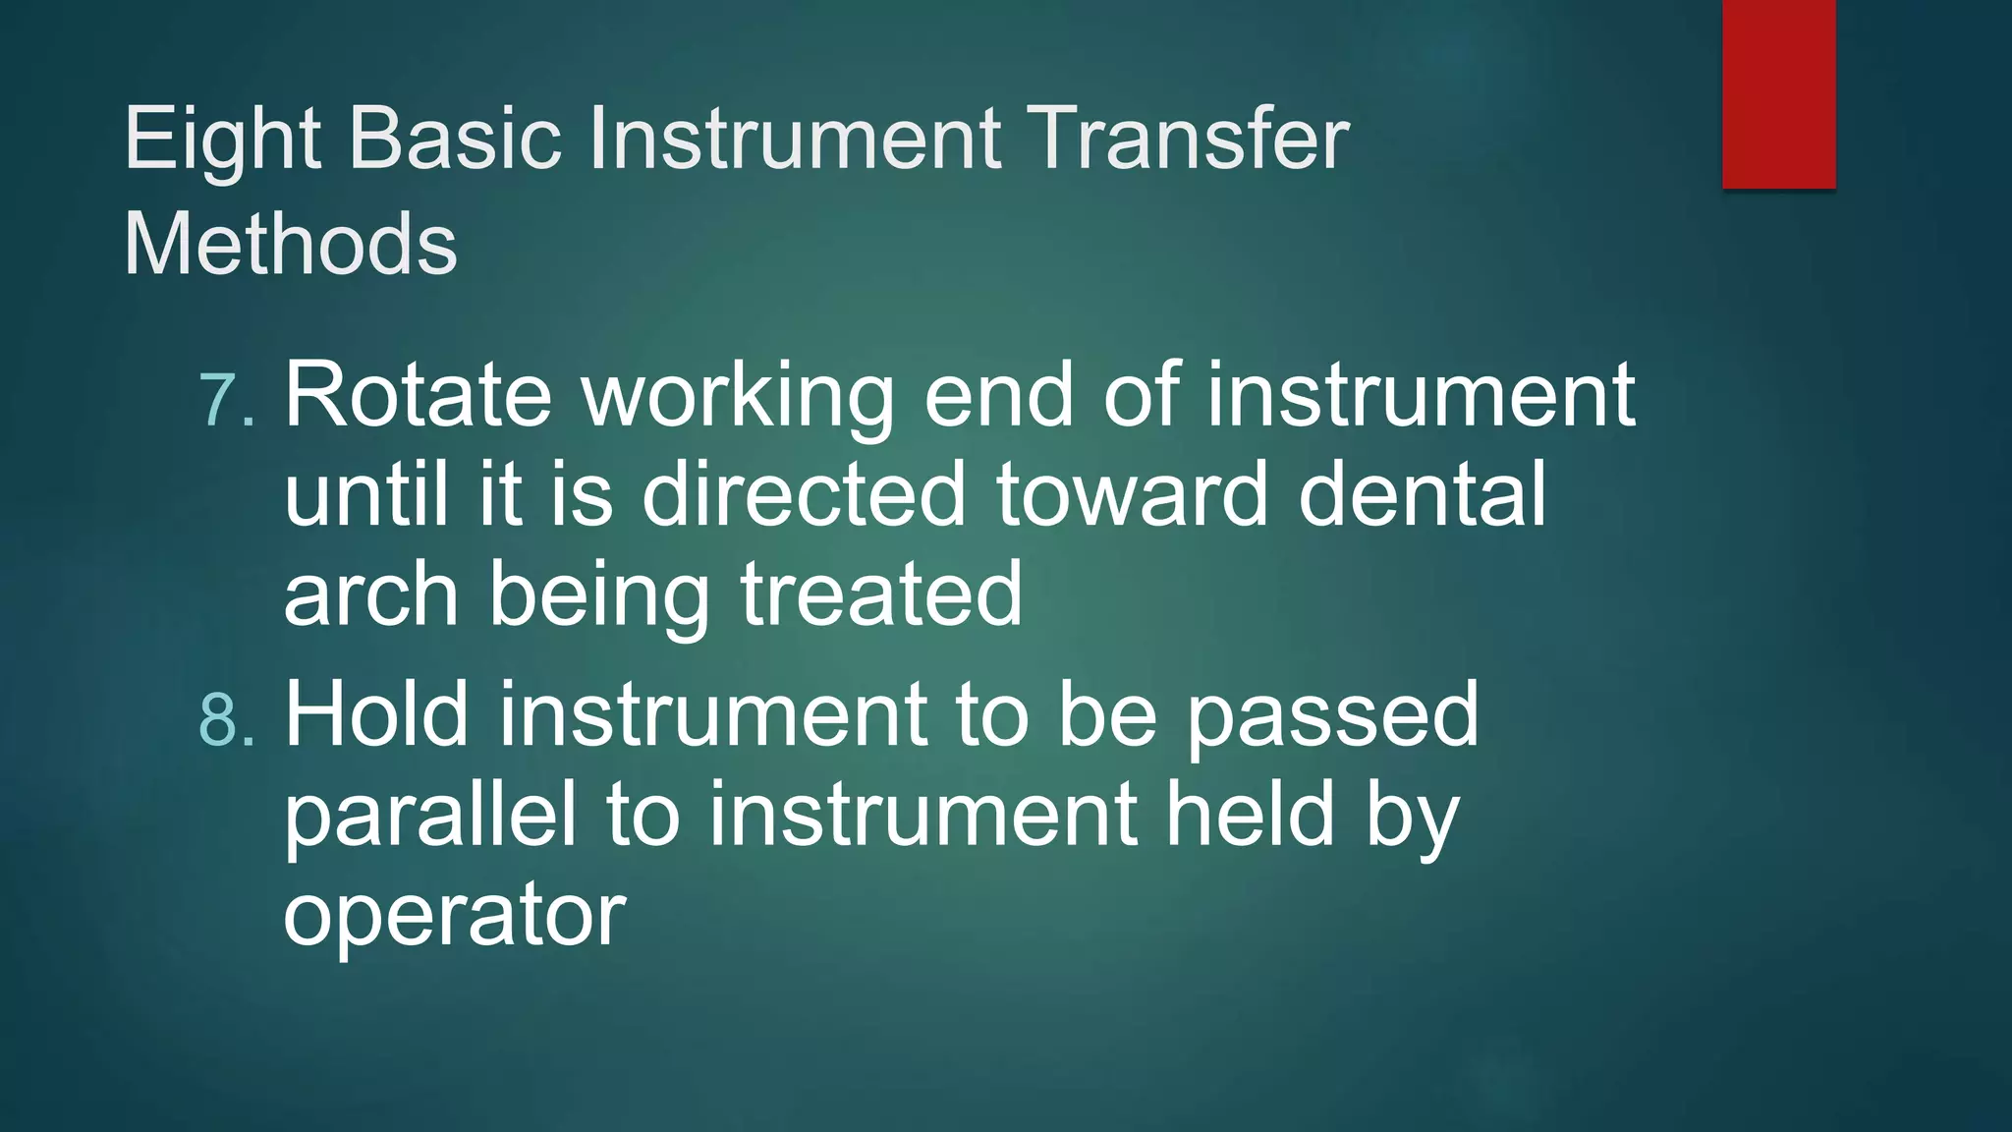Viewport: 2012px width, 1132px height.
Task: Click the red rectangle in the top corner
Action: click(x=1778, y=93)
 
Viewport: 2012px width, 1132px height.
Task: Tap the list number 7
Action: click(x=226, y=400)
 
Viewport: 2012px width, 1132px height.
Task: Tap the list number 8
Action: click(x=226, y=719)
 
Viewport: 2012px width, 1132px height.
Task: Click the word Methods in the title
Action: click(x=290, y=244)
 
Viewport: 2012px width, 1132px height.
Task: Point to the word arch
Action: click(x=370, y=594)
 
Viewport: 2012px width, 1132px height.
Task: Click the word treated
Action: click(x=881, y=594)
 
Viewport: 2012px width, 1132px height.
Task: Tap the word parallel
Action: click(x=429, y=818)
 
